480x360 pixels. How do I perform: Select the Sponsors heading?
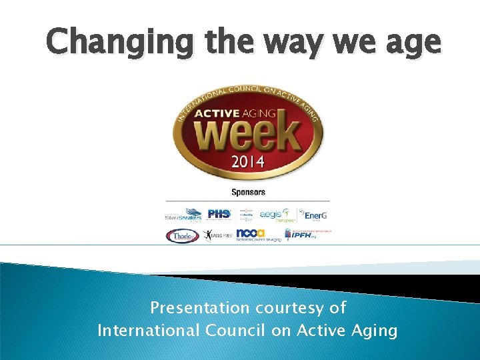coord(248,192)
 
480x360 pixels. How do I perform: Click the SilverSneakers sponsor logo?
coord(183,214)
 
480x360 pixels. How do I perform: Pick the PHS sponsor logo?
coord(219,214)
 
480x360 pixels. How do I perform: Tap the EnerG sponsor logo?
coord(313,214)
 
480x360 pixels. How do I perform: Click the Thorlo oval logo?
coord(182,235)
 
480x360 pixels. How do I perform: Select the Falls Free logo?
coord(217,235)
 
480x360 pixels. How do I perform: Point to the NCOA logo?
coord(257,235)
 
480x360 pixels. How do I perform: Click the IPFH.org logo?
coord(307,234)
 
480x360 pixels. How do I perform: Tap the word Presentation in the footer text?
coord(198,308)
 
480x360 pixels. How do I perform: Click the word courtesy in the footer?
coord(288,308)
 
